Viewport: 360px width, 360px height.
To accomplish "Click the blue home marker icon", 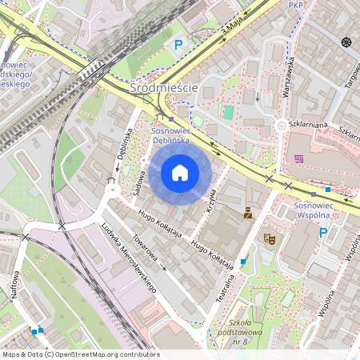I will (180, 172).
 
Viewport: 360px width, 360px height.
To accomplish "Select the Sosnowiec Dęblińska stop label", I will (180, 135).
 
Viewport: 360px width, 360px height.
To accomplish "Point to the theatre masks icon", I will (270, 238).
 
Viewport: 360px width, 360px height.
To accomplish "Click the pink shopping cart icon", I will (298, 158).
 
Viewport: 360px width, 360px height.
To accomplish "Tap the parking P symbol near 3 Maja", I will (178, 46).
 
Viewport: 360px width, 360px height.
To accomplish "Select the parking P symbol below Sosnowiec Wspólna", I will (323, 233).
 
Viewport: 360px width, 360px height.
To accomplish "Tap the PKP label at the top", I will (295, 5).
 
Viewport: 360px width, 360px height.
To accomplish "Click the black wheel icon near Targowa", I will (346, 42).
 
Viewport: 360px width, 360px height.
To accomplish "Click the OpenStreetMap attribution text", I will (80, 354).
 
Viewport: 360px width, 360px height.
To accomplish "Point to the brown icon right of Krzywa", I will (248, 213).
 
